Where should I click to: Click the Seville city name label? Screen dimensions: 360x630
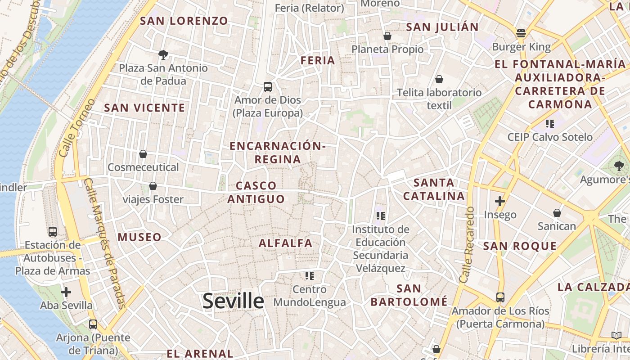click(x=233, y=301)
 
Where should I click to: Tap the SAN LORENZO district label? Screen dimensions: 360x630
click(x=184, y=21)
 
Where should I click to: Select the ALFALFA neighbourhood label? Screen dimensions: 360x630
click(x=285, y=243)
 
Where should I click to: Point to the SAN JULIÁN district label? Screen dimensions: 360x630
click(x=442, y=27)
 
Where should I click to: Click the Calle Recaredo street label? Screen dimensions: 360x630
click(x=467, y=245)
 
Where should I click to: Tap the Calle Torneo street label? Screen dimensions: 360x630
click(x=77, y=128)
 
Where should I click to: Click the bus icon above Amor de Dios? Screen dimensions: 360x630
click(x=268, y=86)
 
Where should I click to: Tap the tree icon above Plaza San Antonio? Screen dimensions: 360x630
click(x=163, y=55)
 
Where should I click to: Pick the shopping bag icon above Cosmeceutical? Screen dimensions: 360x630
click(x=143, y=154)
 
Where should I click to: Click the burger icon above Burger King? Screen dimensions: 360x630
click(x=521, y=33)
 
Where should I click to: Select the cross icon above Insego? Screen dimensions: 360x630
click(x=500, y=201)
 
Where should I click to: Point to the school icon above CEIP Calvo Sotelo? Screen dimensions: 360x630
click(x=549, y=123)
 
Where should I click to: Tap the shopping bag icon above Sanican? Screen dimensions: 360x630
click(x=557, y=212)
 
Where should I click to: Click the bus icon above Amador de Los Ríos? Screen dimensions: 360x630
click(x=500, y=297)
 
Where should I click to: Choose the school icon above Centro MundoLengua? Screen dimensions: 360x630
click(x=309, y=275)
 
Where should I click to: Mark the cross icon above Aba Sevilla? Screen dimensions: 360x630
click(x=66, y=292)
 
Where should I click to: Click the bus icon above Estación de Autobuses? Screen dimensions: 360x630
click(x=53, y=232)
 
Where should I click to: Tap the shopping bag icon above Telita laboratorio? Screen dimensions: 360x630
click(x=439, y=79)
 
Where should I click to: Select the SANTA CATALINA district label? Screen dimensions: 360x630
click(x=434, y=189)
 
